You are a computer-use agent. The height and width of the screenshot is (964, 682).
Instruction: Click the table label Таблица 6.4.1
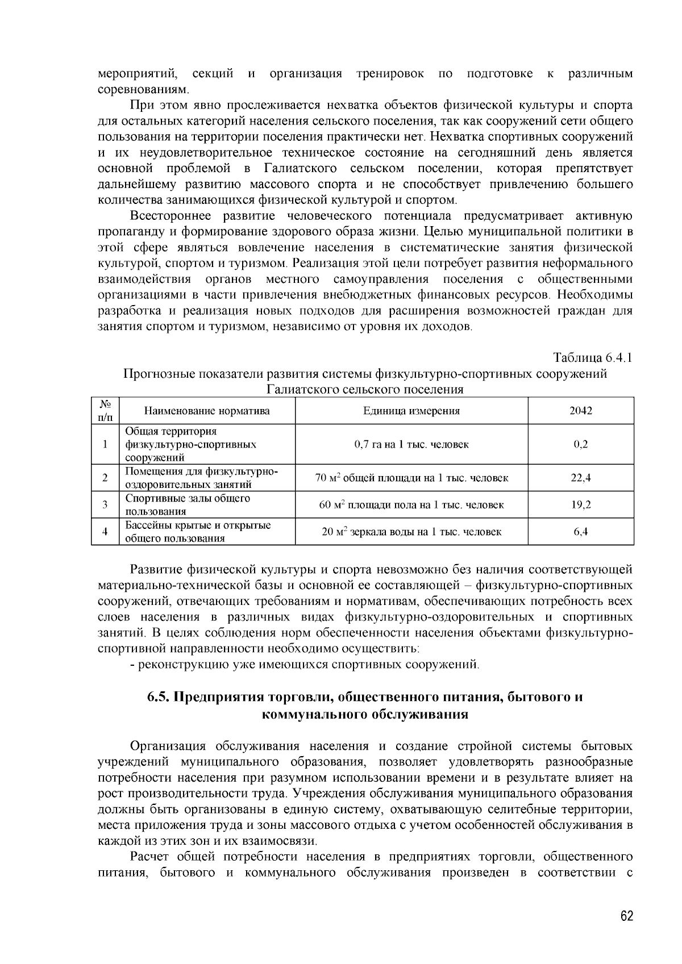point(593,358)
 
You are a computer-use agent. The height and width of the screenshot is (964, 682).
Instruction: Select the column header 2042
point(581,411)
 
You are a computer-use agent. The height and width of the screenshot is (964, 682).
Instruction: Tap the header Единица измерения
point(411,411)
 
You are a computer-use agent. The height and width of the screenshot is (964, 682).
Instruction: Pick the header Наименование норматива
point(207,411)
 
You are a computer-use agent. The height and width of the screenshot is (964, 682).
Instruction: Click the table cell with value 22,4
point(581,478)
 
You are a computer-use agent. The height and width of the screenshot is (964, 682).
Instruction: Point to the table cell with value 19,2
point(581,504)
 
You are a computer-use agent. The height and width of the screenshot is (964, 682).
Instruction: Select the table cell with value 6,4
point(581,532)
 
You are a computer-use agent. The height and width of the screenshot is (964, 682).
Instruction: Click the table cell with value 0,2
point(581,444)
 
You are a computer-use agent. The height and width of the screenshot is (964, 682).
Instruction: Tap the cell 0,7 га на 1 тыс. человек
point(411,444)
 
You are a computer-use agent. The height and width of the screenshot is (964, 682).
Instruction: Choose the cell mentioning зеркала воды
point(411,532)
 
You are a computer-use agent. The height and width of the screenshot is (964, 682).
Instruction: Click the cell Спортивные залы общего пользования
point(188,504)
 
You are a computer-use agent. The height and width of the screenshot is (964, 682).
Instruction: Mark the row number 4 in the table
point(105,532)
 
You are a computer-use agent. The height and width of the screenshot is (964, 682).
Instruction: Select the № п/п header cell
point(105,411)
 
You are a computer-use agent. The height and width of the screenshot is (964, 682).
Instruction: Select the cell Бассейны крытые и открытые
point(198,526)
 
